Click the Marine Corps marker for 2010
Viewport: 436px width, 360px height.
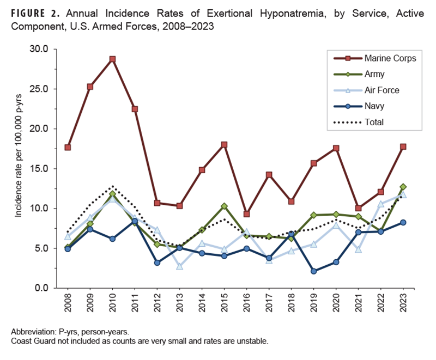(x=112, y=59)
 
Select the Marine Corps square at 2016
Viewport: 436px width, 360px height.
(x=246, y=214)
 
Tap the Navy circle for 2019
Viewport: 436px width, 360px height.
(x=313, y=271)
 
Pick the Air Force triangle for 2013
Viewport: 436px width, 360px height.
(x=179, y=266)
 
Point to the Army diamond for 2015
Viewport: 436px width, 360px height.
(x=224, y=206)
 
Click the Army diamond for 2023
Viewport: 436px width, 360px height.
(x=403, y=187)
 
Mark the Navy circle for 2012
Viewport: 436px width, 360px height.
(x=157, y=263)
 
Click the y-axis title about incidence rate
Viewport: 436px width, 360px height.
(x=19, y=169)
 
